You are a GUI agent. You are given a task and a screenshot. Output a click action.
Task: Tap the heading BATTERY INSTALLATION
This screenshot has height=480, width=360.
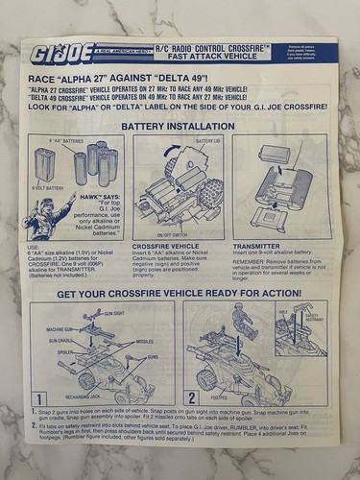(181, 125)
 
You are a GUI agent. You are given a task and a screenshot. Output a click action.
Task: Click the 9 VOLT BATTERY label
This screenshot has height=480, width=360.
(47, 190)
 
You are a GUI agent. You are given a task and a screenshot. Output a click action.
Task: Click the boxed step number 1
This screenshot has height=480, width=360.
(39, 396)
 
